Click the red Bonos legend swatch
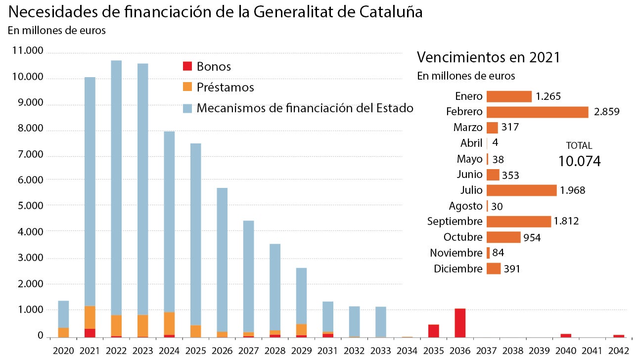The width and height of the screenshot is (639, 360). pyautogui.click(x=187, y=66)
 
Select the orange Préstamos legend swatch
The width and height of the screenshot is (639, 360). pyautogui.click(x=187, y=87)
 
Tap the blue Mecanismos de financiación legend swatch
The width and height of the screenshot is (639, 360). pyautogui.click(x=187, y=108)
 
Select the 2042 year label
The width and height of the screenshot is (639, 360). pyautogui.click(x=618, y=351)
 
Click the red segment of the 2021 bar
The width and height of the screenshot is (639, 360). pyautogui.click(x=90, y=332)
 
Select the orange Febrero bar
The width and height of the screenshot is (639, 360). pyautogui.click(x=537, y=112)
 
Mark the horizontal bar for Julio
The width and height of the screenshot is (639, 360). pyautogui.click(x=521, y=190)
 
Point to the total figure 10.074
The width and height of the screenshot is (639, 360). pyautogui.click(x=579, y=161)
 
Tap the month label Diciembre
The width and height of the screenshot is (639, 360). pyautogui.click(x=457, y=269)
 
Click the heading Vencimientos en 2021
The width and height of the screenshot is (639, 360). pyautogui.click(x=488, y=57)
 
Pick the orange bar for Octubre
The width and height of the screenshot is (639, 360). pyautogui.click(x=503, y=237)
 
